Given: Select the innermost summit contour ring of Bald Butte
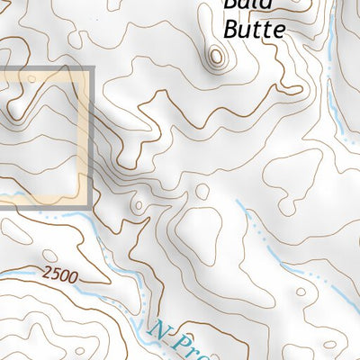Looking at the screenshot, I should click(216, 58).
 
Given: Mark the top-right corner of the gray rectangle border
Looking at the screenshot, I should click(92, 69).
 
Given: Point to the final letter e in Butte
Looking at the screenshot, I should click(279, 30).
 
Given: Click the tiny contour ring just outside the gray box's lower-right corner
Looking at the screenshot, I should click(137, 206).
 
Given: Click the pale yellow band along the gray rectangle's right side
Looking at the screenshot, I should click(85, 135).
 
